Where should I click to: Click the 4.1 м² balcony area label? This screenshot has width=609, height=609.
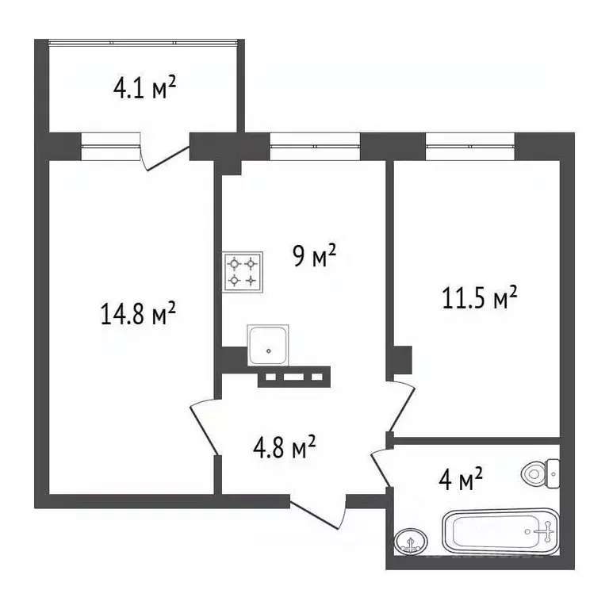pyautogui.click(x=144, y=88)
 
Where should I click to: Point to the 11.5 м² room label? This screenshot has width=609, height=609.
pyautogui.click(x=479, y=299)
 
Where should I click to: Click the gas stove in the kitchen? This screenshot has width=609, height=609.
pyautogui.click(x=243, y=271)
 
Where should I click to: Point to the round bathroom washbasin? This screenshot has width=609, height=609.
pyautogui.click(x=410, y=542)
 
